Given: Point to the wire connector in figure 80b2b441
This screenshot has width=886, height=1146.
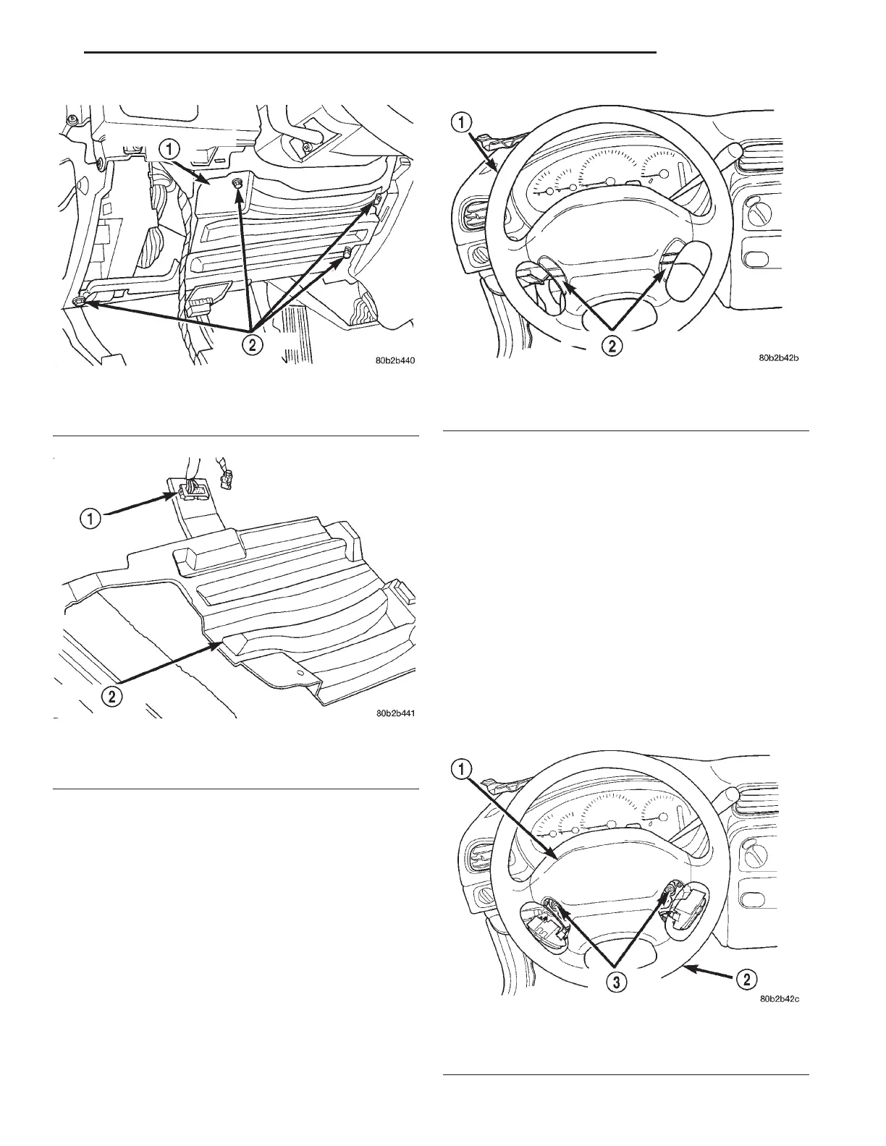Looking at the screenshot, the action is [x=189, y=491].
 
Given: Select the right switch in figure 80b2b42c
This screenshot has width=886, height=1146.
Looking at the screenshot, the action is [x=687, y=914].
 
